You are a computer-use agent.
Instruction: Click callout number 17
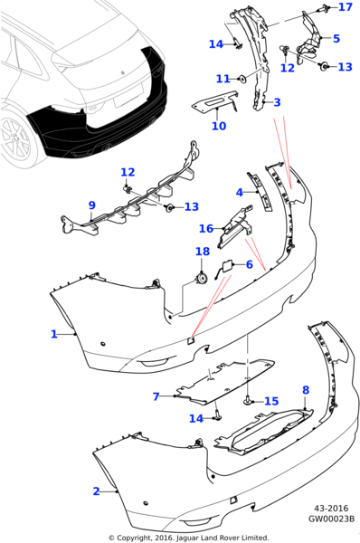tap(346, 7)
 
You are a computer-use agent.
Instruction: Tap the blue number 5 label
tap(336, 38)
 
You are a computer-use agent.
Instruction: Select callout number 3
tap(277, 102)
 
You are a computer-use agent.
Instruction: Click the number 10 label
tap(219, 126)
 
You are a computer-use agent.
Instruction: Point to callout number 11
tap(223, 79)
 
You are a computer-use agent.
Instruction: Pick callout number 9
tap(91, 205)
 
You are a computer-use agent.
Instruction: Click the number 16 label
tap(206, 229)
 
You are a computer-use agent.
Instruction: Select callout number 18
tap(203, 252)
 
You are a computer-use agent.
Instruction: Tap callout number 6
tap(250, 264)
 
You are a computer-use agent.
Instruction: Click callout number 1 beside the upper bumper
tap(54, 334)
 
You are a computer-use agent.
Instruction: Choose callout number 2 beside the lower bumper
tap(96, 491)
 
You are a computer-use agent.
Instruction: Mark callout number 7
tap(156, 396)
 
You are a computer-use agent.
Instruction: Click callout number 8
tap(306, 390)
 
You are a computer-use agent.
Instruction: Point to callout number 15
tap(271, 401)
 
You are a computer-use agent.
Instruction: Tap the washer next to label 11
tap(243, 80)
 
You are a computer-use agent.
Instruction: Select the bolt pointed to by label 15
tap(248, 401)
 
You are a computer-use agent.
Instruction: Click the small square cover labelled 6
tap(227, 267)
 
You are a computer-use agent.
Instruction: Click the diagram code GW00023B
tap(332, 519)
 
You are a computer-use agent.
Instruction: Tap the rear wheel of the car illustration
tap(15, 138)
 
